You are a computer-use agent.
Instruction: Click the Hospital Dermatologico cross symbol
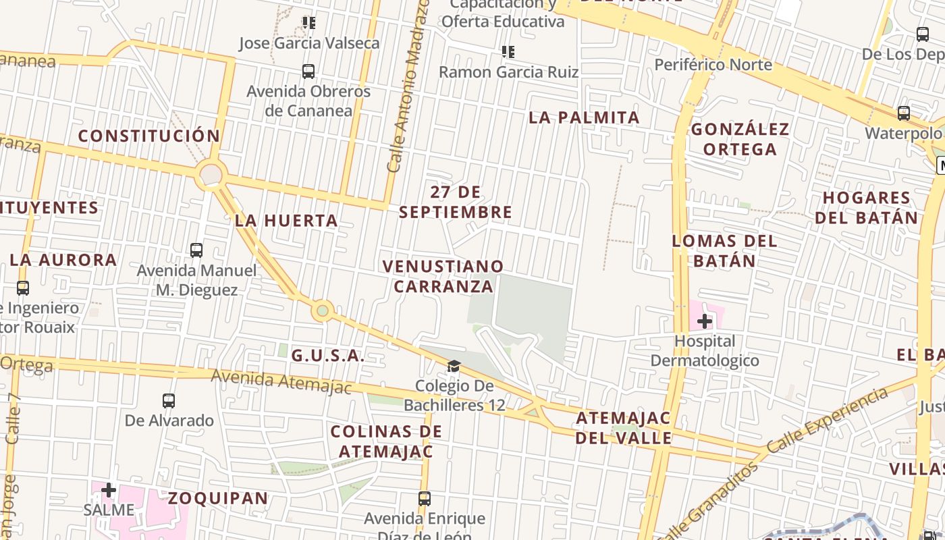click(705, 321)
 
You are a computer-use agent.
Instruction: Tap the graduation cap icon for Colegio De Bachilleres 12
click(454, 367)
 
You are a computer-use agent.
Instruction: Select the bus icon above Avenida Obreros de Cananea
click(308, 71)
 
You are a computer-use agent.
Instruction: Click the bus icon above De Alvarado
click(169, 400)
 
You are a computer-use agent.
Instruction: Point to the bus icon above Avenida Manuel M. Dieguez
click(196, 250)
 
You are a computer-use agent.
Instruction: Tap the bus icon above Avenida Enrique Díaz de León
click(425, 499)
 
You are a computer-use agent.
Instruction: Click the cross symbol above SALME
click(109, 489)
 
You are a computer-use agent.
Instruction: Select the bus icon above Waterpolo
click(904, 113)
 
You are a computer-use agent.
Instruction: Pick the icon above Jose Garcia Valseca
click(309, 23)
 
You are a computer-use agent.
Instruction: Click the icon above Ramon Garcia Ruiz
click(508, 51)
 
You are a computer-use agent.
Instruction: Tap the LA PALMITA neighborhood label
click(584, 117)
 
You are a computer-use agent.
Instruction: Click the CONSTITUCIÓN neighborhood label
click(149, 136)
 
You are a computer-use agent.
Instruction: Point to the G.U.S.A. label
click(328, 356)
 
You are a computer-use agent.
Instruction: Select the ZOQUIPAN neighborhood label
click(218, 498)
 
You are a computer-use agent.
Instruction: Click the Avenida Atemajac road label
click(281, 381)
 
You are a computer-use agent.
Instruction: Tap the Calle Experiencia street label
click(827, 420)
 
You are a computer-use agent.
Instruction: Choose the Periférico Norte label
click(713, 65)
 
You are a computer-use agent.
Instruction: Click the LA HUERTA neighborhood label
click(286, 221)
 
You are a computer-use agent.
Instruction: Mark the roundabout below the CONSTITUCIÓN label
click(211, 175)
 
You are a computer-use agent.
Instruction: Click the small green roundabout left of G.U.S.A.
click(323, 310)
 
